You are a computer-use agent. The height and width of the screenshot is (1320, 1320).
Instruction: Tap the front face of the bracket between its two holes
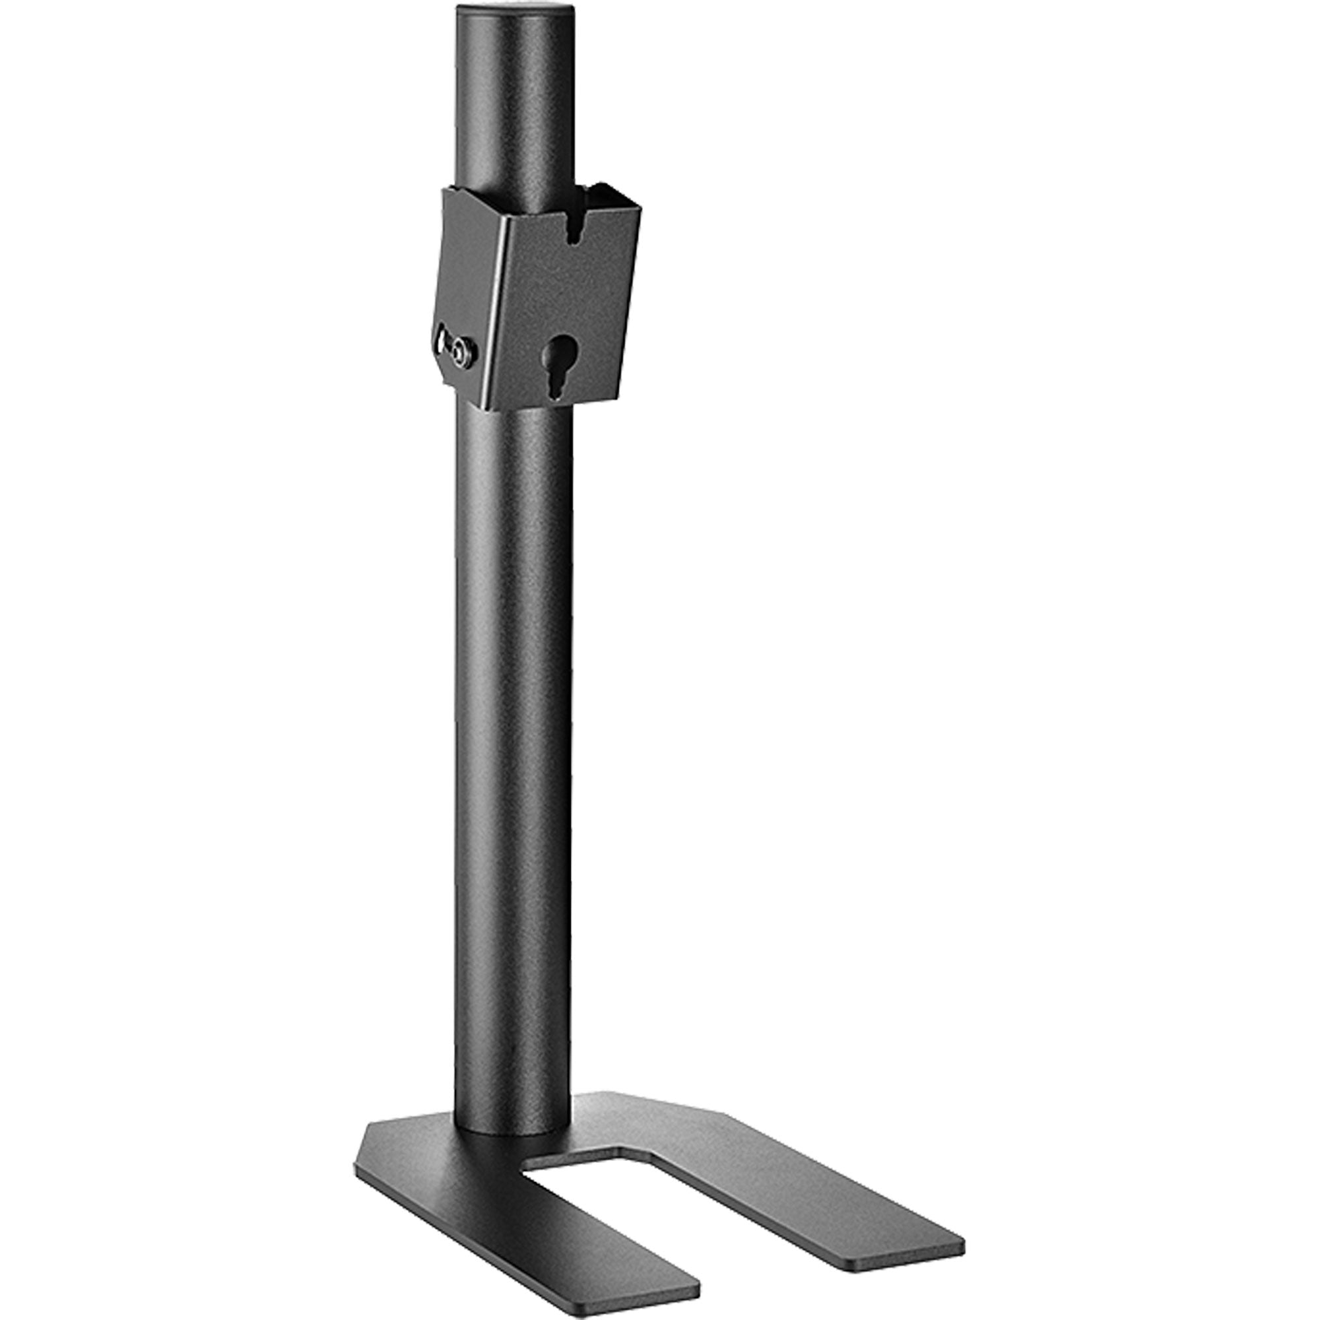[x=567, y=294]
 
